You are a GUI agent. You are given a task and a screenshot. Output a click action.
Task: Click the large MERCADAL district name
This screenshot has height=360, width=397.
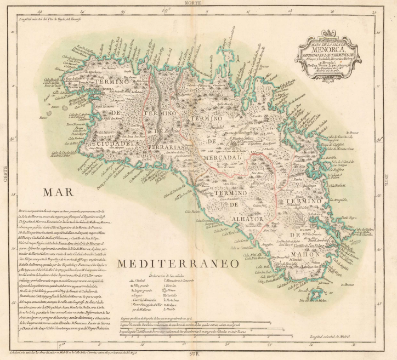pos(222,156)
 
